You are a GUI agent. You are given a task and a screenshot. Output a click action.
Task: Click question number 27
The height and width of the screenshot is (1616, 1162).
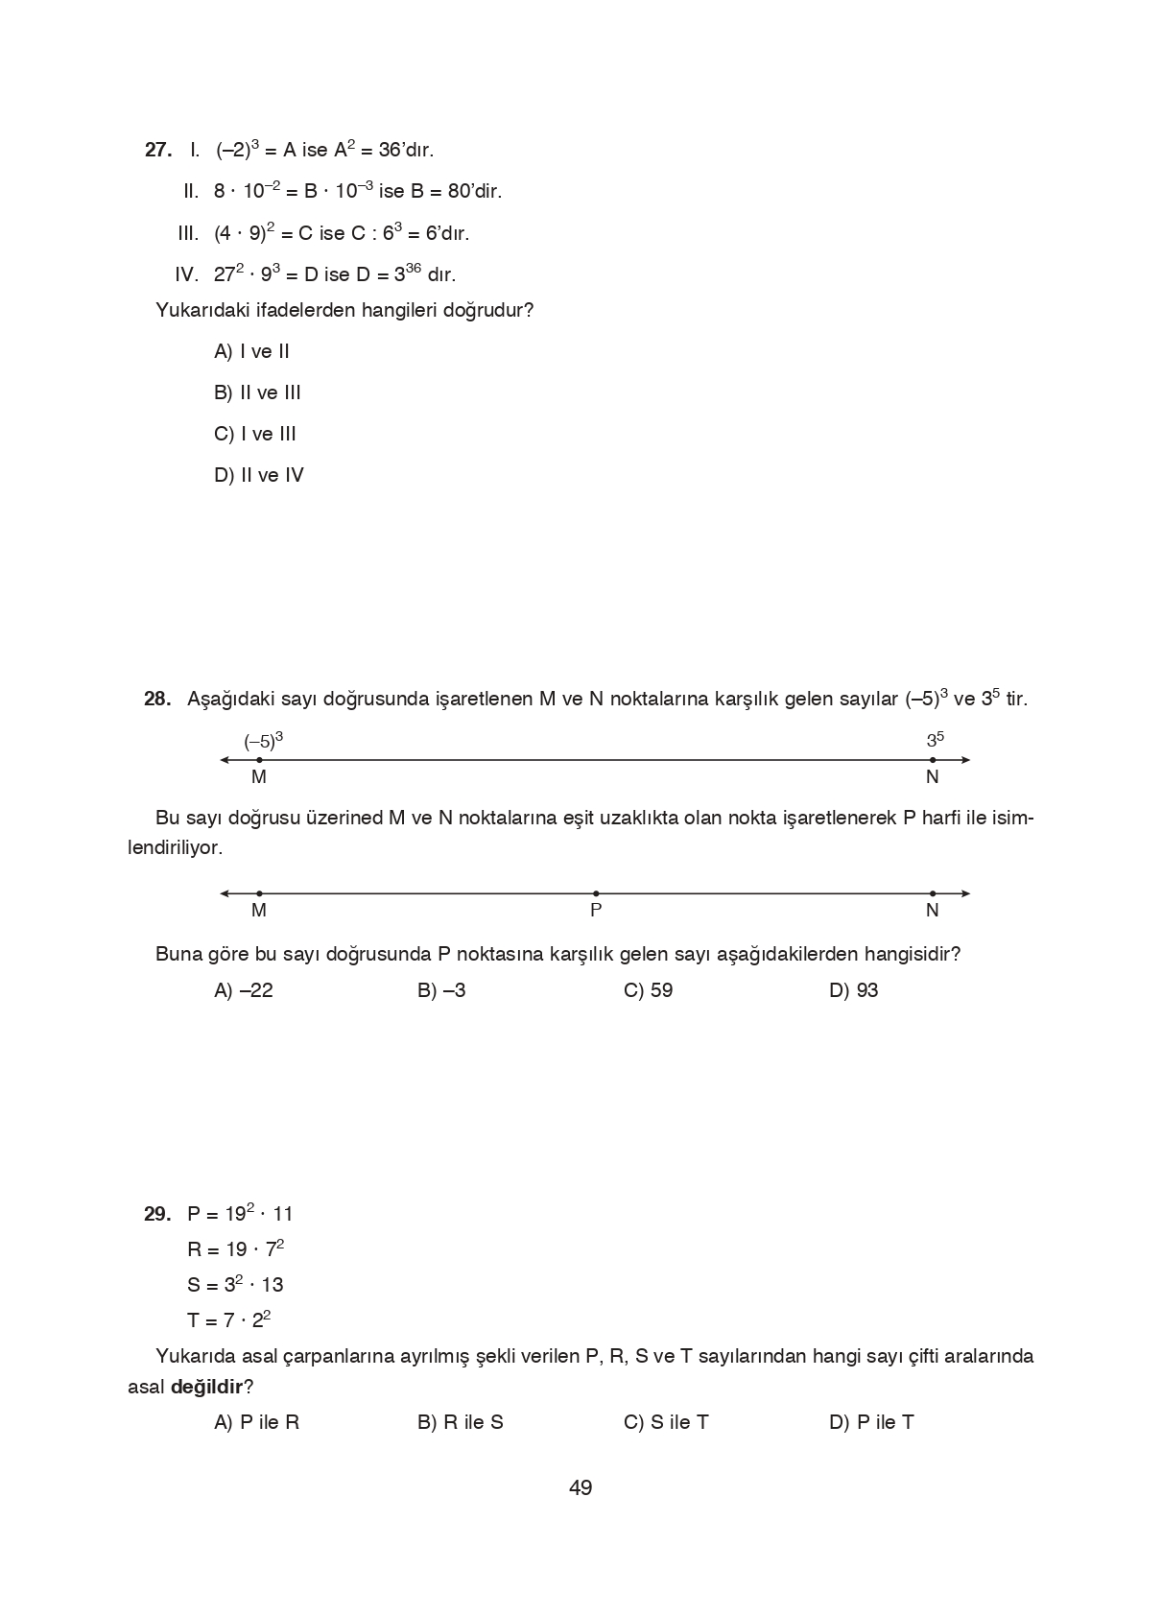(x=158, y=151)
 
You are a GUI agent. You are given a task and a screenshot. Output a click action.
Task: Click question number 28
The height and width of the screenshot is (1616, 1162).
(x=157, y=700)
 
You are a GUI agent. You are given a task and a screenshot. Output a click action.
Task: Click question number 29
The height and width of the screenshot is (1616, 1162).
(x=157, y=1215)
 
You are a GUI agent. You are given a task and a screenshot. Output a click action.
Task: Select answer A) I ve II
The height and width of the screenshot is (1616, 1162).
(x=251, y=352)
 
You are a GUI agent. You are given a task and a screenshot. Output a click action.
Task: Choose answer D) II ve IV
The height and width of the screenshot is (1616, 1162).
(x=259, y=476)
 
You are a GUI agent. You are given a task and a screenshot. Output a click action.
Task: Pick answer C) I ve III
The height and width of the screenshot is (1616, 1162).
(x=255, y=435)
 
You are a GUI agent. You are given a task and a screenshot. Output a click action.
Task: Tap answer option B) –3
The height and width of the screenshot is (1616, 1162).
(x=441, y=991)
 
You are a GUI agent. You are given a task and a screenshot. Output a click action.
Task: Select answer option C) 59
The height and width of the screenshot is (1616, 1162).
(x=648, y=991)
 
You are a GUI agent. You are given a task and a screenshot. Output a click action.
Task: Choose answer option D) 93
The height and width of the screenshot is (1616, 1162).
(x=853, y=991)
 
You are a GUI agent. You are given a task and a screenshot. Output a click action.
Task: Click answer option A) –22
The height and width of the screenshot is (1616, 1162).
(x=244, y=991)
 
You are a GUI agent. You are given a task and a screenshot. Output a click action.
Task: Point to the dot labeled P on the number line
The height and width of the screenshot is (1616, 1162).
(x=596, y=894)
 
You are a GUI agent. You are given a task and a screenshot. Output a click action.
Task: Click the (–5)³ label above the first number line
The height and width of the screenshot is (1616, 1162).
(x=263, y=741)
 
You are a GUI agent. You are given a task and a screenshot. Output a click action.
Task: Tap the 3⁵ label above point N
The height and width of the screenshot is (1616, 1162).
(x=935, y=740)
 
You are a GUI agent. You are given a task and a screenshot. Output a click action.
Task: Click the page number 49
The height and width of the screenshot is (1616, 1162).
(x=581, y=1488)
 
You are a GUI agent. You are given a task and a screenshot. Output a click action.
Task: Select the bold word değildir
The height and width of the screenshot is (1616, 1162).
(x=206, y=1388)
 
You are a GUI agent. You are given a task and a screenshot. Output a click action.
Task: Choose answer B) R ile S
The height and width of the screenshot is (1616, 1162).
(x=461, y=1423)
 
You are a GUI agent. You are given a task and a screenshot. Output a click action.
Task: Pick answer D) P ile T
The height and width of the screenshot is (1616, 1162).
(x=871, y=1423)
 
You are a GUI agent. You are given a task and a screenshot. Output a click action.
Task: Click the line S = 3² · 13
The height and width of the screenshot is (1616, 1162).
(x=235, y=1285)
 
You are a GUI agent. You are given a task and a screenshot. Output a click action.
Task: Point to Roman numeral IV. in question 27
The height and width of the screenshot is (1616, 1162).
(x=186, y=275)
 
